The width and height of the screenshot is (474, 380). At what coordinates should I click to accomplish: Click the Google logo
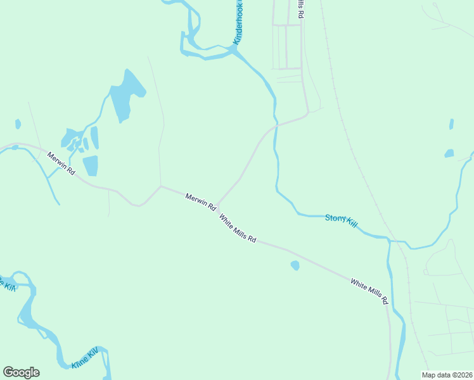point(21,372)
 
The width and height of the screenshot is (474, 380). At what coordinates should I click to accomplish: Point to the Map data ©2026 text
point(446,375)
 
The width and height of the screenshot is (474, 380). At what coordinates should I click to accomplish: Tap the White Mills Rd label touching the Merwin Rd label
point(238,229)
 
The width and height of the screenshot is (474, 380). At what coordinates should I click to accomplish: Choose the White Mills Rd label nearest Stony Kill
point(369,290)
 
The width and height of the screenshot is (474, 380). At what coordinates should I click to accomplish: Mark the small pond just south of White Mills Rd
point(295,265)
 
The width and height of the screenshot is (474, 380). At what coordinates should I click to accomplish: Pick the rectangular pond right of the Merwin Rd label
point(91,165)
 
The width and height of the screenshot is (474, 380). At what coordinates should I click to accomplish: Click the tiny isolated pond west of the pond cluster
point(18,123)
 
